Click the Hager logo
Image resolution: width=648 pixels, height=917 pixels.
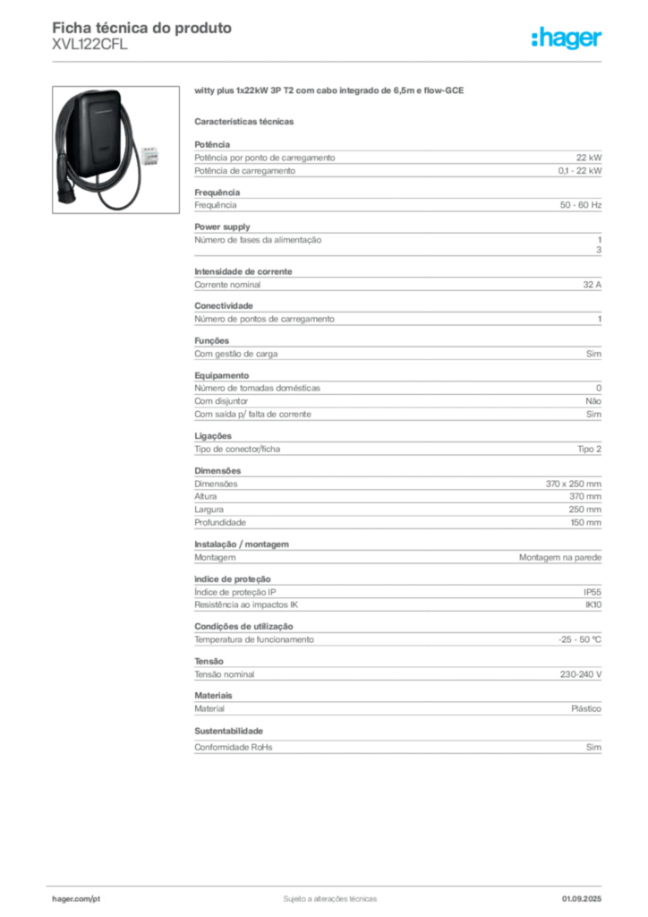(x=566, y=38)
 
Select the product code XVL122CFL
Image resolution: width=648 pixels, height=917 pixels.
(x=90, y=45)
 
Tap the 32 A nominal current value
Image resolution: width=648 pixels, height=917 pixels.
(x=592, y=285)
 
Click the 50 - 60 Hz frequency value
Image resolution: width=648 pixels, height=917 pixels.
(x=580, y=205)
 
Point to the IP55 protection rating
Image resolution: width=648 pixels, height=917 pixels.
(x=592, y=592)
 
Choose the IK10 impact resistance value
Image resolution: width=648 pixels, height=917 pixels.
(x=593, y=604)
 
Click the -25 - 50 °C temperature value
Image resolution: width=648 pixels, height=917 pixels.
(x=580, y=639)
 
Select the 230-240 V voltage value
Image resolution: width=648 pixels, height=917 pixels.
(x=580, y=674)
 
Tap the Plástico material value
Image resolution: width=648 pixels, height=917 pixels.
(x=586, y=709)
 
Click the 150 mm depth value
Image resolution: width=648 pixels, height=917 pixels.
(x=585, y=523)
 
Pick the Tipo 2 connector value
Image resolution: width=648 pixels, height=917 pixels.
(x=589, y=450)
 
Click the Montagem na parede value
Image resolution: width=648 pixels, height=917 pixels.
(x=559, y=558)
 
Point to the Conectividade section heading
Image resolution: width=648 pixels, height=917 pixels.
(x=224, y=306)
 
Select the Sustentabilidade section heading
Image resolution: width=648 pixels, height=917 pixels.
(x=228, y=731)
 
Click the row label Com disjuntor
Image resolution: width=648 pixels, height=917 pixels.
(x=221, y=401)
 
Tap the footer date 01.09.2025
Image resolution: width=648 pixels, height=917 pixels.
(x=582, y=899)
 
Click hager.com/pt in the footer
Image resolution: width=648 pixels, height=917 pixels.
(x=76, y=899)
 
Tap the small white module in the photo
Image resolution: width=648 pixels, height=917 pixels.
(x=150, y=156)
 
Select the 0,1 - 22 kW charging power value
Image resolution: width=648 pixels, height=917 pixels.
(x=580, y=171)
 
